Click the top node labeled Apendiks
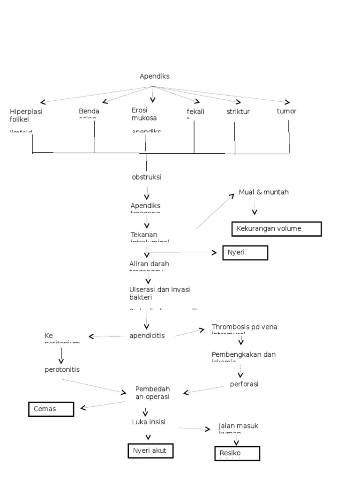click(155, 76)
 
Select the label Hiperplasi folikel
click(26, 115)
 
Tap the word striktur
click(238, 112)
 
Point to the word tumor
click(286, 111)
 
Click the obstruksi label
click(147, 177)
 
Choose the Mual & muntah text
click(264, 192)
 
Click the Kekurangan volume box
click(277, 229)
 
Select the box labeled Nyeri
click(245, 253)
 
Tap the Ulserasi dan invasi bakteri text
click(160, 293)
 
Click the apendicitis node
click(147, 336)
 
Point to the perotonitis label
click(62, 369)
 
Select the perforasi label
click(244, 384)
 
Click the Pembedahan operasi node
click(152, 393)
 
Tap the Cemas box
click(51, 409)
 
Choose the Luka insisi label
click(149, 422)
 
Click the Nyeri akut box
click(150, 451)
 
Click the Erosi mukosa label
click(144, 114)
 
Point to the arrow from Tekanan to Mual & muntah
click(215, 211)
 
